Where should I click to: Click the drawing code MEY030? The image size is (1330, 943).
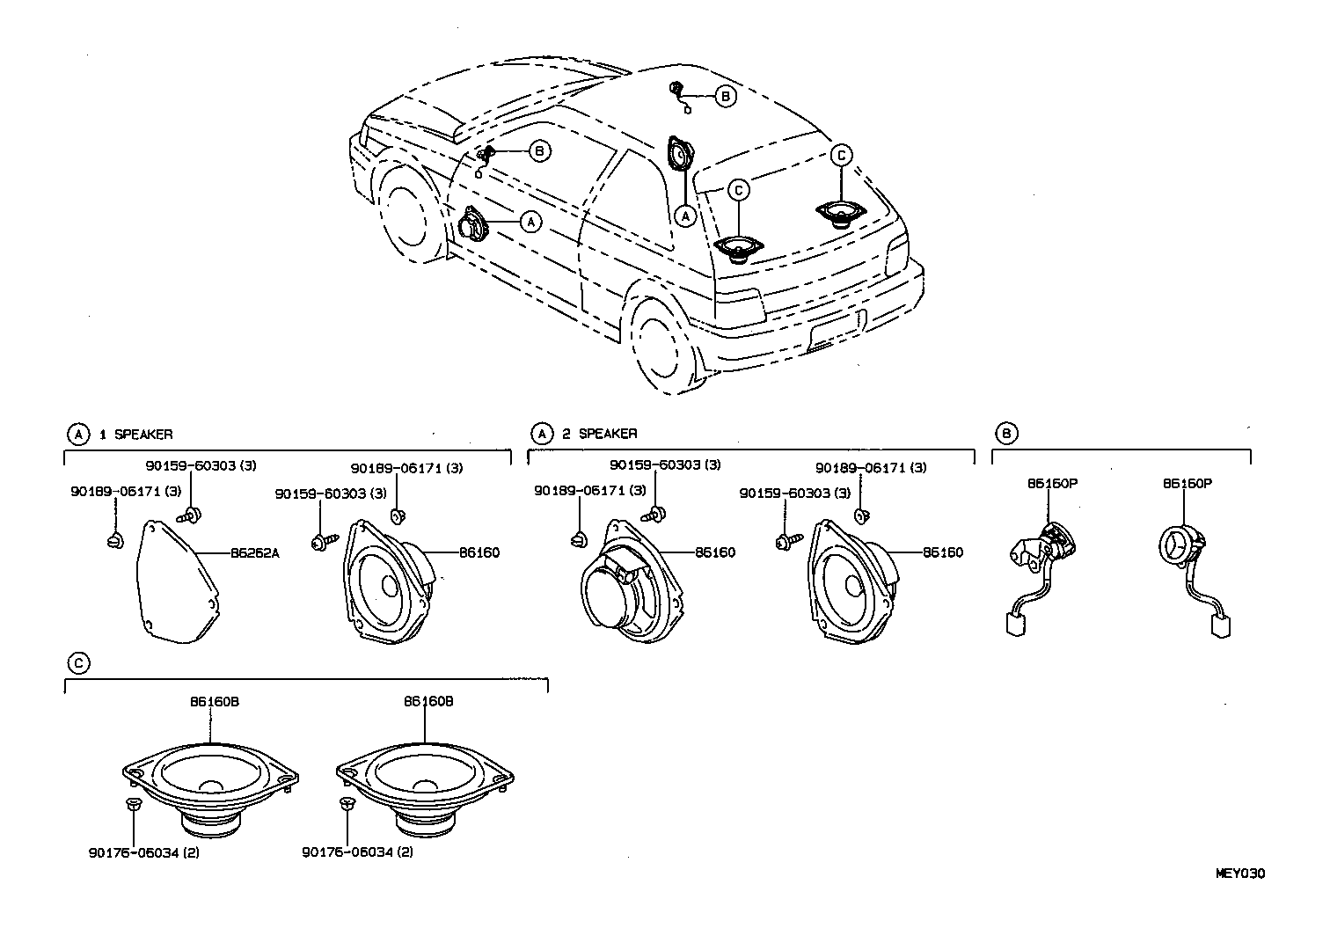pos(1239,874)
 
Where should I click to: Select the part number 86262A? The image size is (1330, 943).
pos(254,553)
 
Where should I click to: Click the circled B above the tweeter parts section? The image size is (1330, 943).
pos(1006,433)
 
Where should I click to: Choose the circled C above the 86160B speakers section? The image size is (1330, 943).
pos(78,663)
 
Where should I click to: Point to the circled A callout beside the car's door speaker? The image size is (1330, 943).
pos(530,223)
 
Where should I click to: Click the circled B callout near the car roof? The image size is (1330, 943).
pos(724,97)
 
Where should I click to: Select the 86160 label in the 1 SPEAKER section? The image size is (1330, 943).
pos(479,553)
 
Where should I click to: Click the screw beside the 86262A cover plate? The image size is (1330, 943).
pos(190,515)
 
